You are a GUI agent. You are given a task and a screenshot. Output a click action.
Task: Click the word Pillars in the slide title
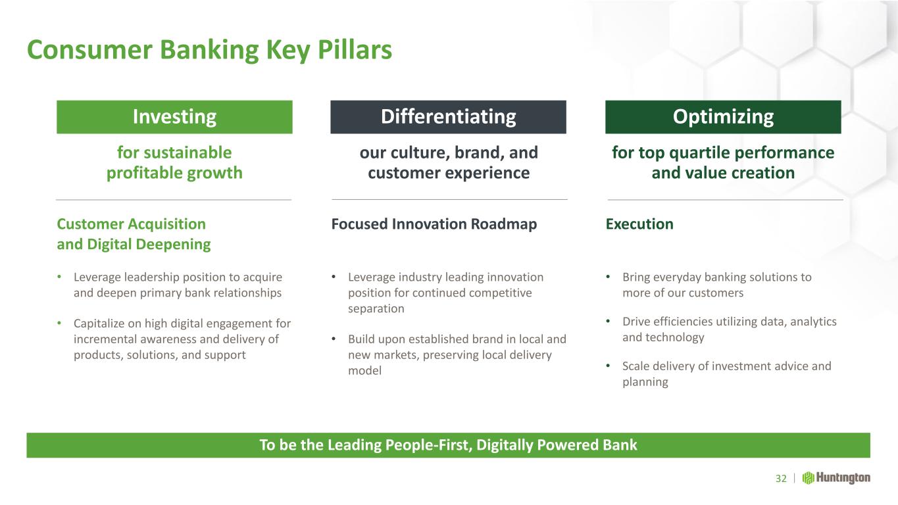355,50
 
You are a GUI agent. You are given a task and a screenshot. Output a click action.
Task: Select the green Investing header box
174,116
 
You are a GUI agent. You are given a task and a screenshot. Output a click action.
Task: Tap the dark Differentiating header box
448,116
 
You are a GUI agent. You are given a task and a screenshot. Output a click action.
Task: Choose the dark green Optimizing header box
723,116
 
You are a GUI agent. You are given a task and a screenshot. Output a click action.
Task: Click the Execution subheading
639,224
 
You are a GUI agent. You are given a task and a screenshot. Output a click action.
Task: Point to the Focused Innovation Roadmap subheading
434,224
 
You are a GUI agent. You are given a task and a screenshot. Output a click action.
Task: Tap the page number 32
781,478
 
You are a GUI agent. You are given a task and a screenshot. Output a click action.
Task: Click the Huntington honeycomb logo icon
808,478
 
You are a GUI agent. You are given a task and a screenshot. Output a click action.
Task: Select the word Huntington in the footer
843,478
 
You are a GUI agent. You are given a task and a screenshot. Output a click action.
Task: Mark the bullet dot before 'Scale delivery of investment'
608,366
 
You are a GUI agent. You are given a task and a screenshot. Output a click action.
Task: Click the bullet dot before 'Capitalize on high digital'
59,323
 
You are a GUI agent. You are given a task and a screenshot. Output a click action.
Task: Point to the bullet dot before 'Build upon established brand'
334,339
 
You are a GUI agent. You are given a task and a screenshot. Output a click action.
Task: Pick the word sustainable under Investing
187,153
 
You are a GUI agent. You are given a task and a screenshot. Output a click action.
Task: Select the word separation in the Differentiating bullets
376,308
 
